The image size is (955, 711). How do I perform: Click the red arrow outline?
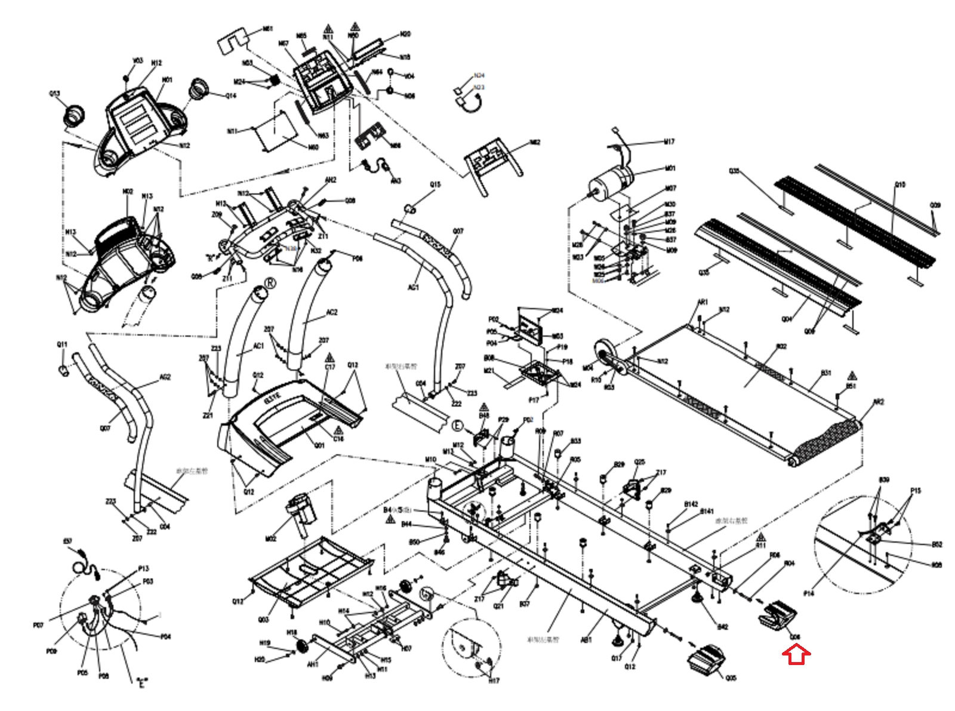coord(796,655)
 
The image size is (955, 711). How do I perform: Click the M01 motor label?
coord(670,168)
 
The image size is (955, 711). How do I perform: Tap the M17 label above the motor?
coord(669,141)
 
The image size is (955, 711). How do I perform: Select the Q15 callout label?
coord(435,184)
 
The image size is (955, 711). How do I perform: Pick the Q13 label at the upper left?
coord(54,94)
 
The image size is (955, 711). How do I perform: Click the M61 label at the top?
coord(268,29)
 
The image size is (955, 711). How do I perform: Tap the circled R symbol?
coord(270,282)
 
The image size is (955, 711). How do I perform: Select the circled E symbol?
coord(458,426)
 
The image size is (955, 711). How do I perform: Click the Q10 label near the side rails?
coord(899,184)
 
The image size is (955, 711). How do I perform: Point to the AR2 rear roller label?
coord(878,402)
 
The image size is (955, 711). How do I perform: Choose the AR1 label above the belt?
coord(703,302)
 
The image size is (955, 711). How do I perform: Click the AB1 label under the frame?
coord(586,639)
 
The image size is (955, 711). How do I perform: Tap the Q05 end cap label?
coord(731,678)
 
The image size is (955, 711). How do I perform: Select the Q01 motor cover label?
coord(319,445)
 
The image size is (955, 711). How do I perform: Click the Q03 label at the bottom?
coord(263,619)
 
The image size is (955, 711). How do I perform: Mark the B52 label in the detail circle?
coord(936,544)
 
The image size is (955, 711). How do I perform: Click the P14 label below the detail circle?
coord(809,593)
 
